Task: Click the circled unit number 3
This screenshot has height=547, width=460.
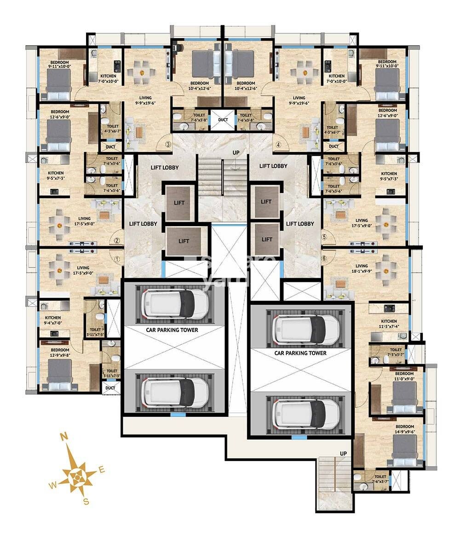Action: [168, 145]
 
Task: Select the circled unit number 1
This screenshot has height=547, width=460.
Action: [117, 259]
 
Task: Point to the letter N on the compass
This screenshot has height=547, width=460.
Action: [65, 437]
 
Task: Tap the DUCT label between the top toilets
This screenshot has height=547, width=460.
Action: [223, 120]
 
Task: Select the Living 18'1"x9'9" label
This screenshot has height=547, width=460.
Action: [362, 268]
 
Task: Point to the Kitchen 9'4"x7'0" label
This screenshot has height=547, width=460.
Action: [53, 320]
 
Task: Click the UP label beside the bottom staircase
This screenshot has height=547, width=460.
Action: [343, 454]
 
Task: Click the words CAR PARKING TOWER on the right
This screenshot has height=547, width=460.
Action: [300, 353]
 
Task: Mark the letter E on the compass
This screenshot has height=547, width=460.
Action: [102, 470]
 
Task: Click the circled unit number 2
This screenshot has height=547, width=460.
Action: [117, 240]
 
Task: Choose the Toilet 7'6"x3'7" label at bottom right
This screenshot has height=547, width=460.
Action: [380, 479]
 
